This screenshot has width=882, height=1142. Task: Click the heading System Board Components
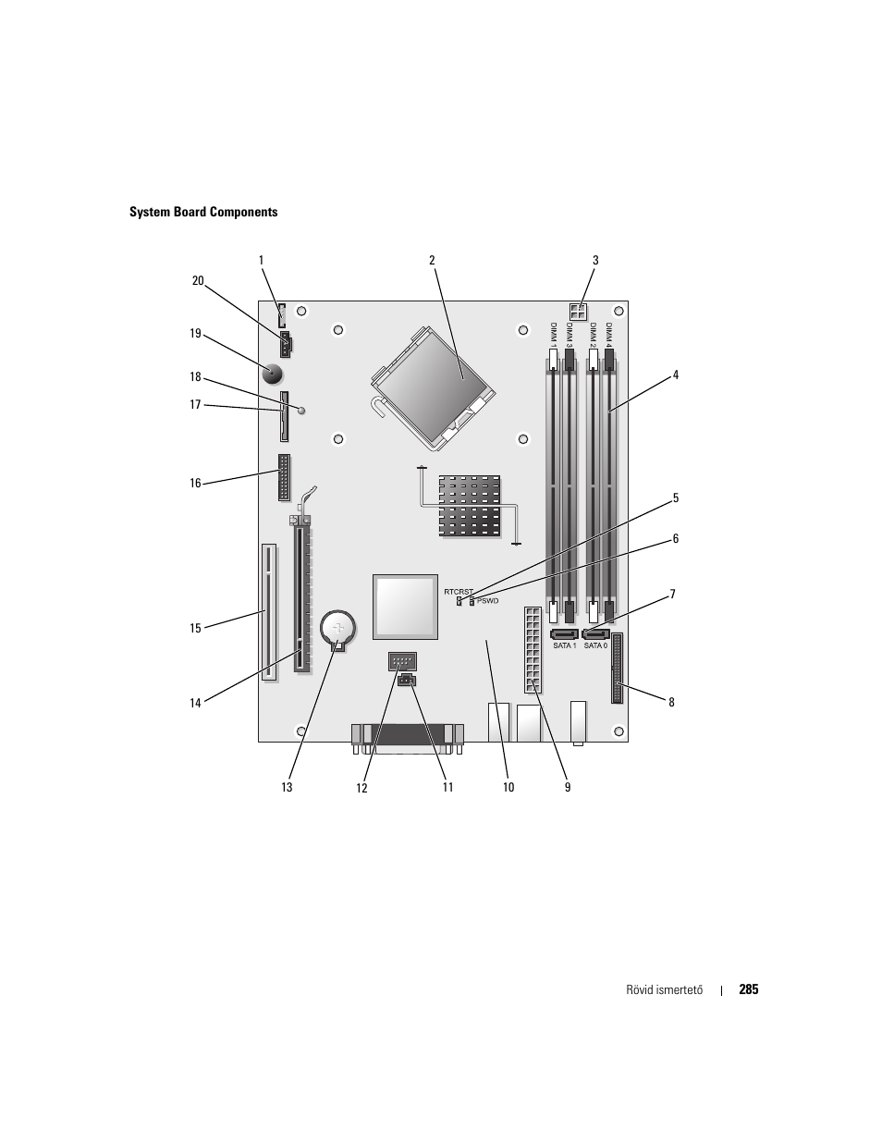pyautogui.click(x=203, y=212)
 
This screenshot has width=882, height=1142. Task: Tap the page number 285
pyautogui.click(x=748, y=989)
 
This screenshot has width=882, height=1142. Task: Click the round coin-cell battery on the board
pyautogui.click(x=338, y=629)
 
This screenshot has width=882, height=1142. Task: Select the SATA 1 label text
pyautogui.click(x=564, y=645)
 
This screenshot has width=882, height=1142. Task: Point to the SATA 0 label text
pyautogui.click(x=595, y=645)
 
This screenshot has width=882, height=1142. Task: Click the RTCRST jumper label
pyautogui.click(x=458, y=591)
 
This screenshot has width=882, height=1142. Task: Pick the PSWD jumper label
pyautogui.click(x=487, y=601)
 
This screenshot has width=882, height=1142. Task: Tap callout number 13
pyautogui.click(x=287, y=787)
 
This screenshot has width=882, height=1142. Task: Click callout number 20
pyautogui.click(x=197, y=281)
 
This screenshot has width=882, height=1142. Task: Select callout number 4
pyautogui.click(x=676, y=375)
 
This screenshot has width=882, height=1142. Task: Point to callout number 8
pyautogui.click(x=671, y=702)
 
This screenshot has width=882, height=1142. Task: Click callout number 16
pyautogui.click(x=195, y=483)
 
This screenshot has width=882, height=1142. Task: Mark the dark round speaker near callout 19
pyautogui.click(x=273, y=375)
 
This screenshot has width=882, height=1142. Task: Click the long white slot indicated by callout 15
pyautogui.click(x=268, y=611)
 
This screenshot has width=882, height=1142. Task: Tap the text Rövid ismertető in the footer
pyautogui.click(x=664, y=990)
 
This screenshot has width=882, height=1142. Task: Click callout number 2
pyautogui.click(x=432, y=260)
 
